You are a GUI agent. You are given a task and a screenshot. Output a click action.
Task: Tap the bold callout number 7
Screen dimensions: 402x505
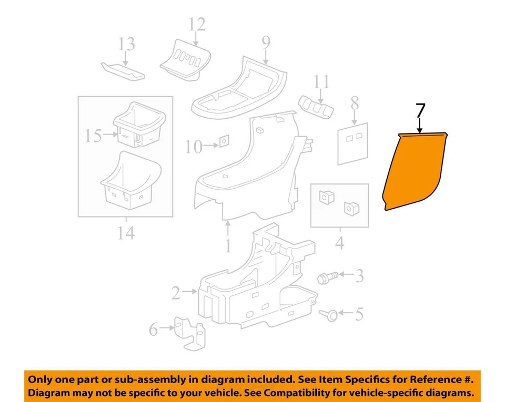click(420, 111)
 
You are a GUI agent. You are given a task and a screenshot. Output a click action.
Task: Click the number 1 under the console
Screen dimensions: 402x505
click(228, 245)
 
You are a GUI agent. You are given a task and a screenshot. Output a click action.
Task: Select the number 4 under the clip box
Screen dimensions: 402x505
click(339, 243)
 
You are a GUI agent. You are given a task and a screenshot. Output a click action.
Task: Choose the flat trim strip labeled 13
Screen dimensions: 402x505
click(122, 70)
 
